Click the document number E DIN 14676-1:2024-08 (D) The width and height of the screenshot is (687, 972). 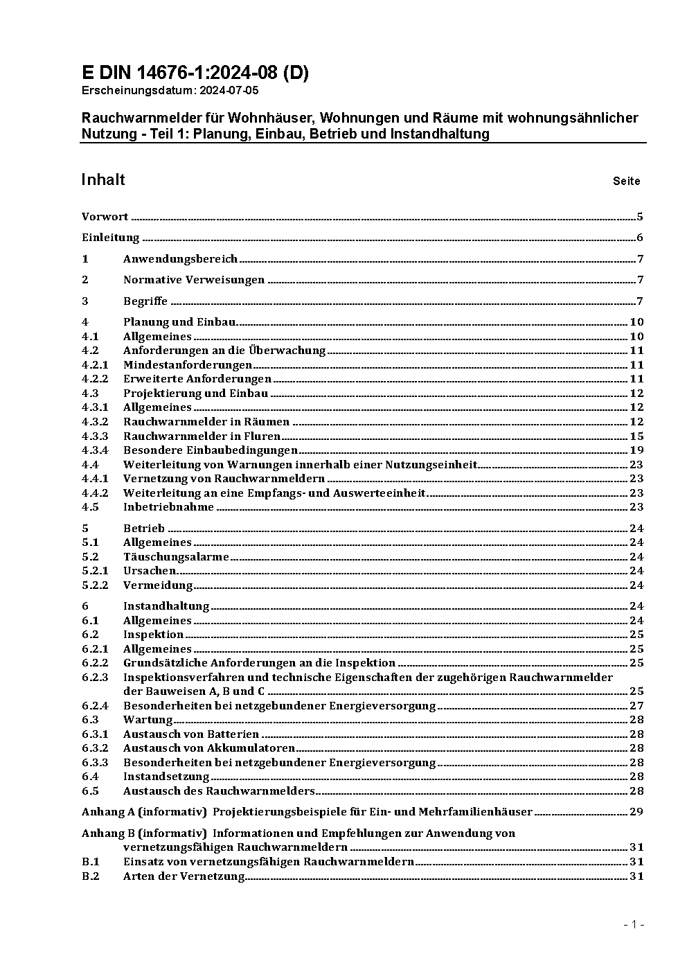tap(195, 73)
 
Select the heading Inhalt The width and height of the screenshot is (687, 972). tap(103, 180)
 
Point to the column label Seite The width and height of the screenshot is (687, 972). tap(626, 182)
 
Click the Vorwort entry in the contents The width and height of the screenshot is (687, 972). tap(105, 217)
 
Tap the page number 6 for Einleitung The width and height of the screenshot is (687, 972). tap(640, 238)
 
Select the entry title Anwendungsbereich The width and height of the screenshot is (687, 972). tap(180, 259)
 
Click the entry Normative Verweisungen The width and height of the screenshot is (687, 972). tap(194, 280)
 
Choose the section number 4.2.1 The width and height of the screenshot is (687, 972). tap(95, 365)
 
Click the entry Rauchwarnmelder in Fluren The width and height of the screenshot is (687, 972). tap(202, 436)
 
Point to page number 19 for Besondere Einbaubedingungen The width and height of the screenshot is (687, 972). tap(636, 450)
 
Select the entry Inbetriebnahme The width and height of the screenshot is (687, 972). tap(168, 507)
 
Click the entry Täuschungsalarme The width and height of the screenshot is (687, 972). tap(176, 557)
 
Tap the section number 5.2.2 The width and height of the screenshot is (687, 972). tap(95, 585)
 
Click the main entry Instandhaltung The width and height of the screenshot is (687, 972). tap(166, 606)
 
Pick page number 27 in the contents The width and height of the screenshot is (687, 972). tap(636, 706)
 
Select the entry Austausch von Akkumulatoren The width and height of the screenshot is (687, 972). tap(209, 748)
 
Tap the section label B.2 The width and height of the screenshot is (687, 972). tap(91, 876)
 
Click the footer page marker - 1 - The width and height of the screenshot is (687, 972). tap(634, 924)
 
